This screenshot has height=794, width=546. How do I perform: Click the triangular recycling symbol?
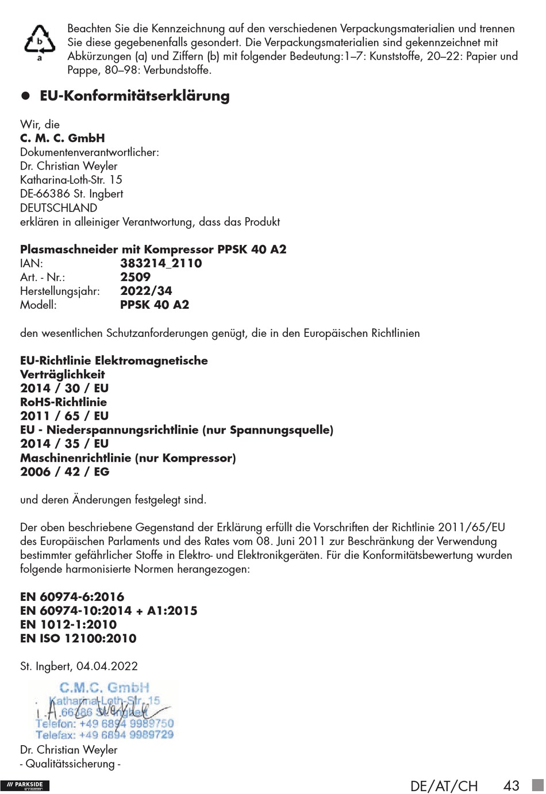[39, 41]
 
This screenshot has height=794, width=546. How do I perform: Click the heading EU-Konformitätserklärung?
[134, 96]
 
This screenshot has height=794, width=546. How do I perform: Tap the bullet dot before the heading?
[25, 96]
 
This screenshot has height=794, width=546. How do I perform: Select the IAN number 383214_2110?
[161, 263]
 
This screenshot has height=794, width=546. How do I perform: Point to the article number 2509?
[135, 277]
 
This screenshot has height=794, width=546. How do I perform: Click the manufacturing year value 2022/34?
[146, 291]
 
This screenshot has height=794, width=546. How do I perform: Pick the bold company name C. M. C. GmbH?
[62, 138]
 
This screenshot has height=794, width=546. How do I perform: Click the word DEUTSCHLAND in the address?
[59, 208]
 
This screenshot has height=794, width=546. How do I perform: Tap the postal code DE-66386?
[45, 194]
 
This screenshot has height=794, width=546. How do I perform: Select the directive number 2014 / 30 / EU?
[64, 388]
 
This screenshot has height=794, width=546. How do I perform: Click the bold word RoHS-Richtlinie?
[63, 402]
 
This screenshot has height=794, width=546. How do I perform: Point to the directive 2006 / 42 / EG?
[64, 471]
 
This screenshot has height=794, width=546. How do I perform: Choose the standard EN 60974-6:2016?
[72, 597]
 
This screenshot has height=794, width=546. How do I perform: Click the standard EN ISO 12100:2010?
[78, 638]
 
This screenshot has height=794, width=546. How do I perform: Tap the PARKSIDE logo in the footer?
[25, 786]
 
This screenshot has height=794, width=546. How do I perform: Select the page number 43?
[511, 785]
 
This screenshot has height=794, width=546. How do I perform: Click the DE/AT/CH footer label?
[444, 786]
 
